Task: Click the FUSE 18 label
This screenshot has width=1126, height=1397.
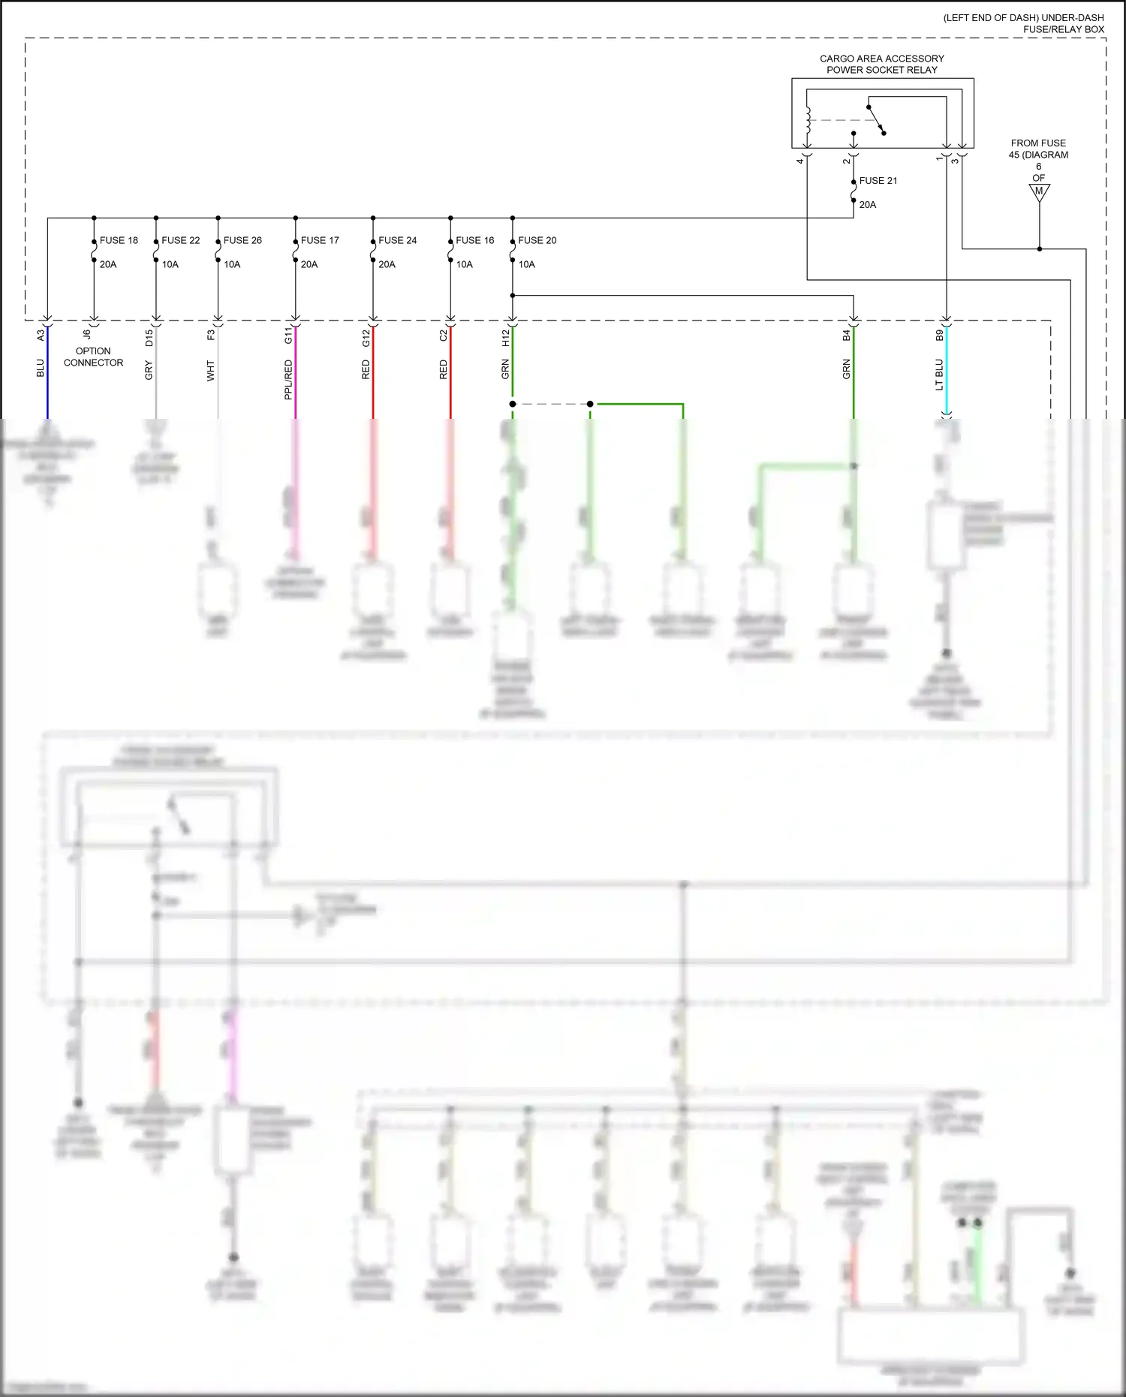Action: coord(119,240)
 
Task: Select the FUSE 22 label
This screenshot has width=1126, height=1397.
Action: coord(181,240)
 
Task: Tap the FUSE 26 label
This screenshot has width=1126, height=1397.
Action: coord(242,240)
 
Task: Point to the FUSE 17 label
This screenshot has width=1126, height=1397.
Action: coord(320,240)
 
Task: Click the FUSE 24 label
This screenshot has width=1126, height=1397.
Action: coord(397,240)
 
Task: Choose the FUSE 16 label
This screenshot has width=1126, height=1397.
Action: coord(475,240)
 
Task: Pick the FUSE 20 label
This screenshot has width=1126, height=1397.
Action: coord(537,240)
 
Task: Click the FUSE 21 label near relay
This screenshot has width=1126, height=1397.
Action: coord(878,181)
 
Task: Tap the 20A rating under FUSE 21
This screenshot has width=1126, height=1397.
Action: coord(868,204)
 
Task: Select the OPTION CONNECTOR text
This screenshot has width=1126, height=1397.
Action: coord(93,357)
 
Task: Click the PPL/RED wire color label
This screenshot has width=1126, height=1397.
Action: coord(288,379)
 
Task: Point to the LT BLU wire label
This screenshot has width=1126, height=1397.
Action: coord(939,375)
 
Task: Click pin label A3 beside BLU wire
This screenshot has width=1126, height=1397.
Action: coord(41,336)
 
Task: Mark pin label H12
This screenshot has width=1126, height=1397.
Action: coord(505,338)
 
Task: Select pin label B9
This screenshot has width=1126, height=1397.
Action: coord(939,336)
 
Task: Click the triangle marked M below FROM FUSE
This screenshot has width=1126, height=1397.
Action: coord(1039,191)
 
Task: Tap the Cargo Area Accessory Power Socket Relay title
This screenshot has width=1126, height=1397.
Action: coord(882,64)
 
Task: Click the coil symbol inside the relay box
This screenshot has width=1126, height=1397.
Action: coord(808,119)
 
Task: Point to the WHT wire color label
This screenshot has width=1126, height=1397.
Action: coord(211,371)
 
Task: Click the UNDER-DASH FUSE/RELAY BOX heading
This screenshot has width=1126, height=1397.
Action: coord(1024,23)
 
